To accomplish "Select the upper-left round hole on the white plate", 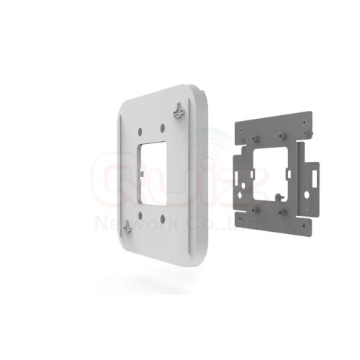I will [x=140, y=130].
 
